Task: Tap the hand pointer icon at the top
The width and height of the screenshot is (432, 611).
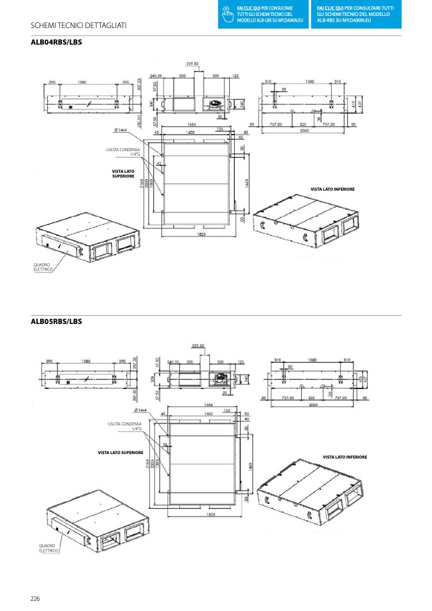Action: coord(225,13)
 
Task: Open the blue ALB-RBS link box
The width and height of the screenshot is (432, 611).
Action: coord(357,13)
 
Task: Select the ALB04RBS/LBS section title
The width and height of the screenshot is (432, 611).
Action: coord(56,43)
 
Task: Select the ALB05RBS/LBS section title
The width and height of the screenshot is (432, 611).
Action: coord(56,322)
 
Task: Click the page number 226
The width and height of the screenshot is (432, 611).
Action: coord(35,598)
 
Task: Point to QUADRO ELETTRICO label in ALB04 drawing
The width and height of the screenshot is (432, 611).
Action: coord(43,267)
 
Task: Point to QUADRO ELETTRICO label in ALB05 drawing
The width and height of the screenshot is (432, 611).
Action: coord(48,548)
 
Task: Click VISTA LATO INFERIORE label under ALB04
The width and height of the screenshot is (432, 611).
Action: coord(332,189)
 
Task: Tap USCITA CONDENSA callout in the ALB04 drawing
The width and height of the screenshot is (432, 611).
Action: coord(123,152)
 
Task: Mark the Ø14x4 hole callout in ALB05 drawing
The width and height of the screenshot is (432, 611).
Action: coord(142,410)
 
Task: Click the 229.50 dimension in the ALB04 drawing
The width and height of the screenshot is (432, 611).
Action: coord(193,64)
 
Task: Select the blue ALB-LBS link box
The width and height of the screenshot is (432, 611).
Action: coord(265,13)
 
